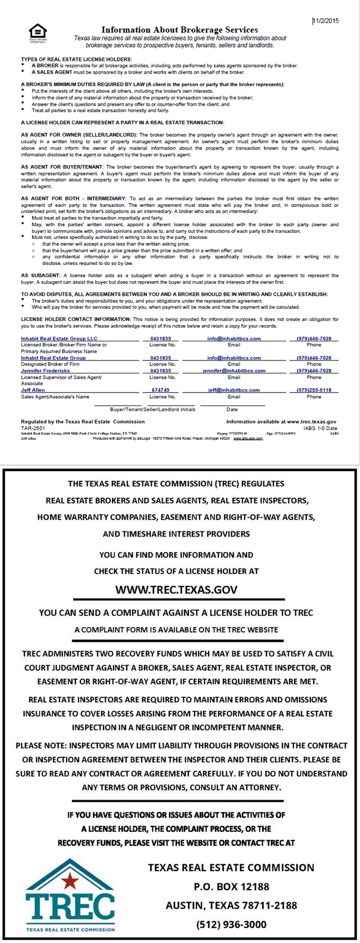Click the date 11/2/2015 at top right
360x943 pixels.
pos(326,21)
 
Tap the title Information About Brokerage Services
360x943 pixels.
pos(179,30)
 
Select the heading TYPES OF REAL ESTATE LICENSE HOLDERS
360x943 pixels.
pos(76,59)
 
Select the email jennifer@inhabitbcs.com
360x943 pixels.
pos(234,371)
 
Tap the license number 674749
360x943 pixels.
pos(160,390)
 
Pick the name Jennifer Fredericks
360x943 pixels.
pos(46,371)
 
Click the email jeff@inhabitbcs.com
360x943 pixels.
pos(234,390)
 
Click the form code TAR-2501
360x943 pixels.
pos(33,428)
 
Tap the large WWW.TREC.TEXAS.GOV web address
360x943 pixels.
pos(176,589)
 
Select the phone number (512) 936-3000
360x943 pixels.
pos(231,924)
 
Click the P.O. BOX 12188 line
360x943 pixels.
pos(231,886)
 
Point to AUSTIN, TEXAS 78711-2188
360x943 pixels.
pos(231,905)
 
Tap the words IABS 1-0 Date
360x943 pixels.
pos(320,428)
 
